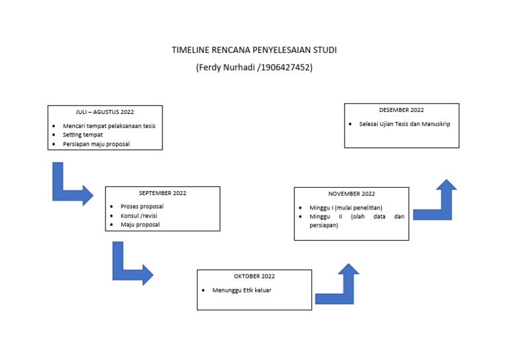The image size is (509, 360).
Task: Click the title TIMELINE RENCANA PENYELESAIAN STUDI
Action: (254, 50)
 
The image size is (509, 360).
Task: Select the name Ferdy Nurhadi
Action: (227, 68)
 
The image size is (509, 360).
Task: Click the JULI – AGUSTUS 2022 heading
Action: (105, 112)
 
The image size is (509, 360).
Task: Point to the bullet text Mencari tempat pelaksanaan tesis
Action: (109, 126)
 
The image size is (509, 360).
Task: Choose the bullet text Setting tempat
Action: (83, 135)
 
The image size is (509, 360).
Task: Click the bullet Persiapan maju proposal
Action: (96, 144)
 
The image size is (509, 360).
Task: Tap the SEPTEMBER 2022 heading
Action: (162, 193)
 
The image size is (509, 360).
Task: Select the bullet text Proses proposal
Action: (142, 206)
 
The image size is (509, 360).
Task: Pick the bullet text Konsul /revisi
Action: (139, 215)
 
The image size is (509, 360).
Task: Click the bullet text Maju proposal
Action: (140, 225)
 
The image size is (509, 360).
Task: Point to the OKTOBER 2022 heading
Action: (254, 276)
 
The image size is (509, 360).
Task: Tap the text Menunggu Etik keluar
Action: (242, 290)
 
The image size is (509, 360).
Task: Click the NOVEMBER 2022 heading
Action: (351, 194)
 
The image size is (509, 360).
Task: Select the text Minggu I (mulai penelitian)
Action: (346, 208)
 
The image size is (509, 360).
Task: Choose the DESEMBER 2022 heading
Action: (402, 110)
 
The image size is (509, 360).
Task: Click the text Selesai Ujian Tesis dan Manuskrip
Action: (400, 124)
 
